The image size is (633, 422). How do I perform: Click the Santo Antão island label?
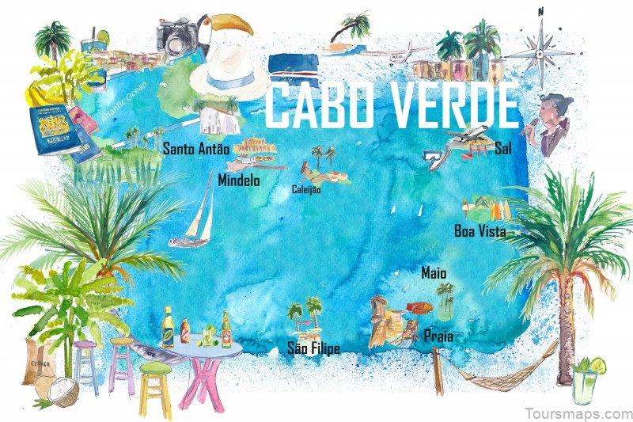(x=195, y=148)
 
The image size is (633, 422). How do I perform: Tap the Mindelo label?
(x=238, y=180)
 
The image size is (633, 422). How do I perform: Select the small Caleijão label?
(x=306, y=190)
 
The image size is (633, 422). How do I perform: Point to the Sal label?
(x=502, y=147)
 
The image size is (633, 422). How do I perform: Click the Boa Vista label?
(x=479, y=231)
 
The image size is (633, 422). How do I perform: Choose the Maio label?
(x=434, y=272)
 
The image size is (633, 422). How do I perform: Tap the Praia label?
(x=438, y=336)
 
